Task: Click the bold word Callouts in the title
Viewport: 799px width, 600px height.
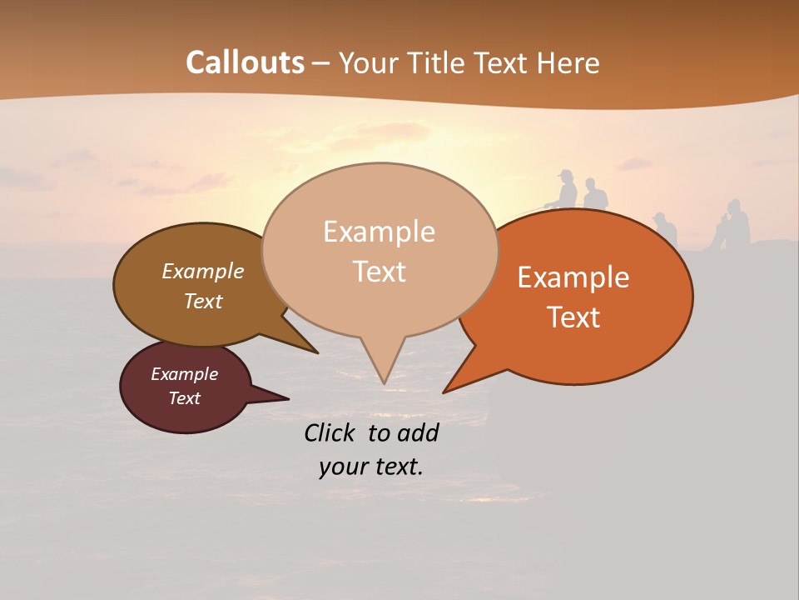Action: pos(245,62)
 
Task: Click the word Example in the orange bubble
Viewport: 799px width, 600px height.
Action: pos(573,277)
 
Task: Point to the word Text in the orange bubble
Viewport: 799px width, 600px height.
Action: pos(574,317)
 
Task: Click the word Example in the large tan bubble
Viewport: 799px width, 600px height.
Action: pos(379,232)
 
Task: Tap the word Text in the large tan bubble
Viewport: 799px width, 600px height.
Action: pos(380,271)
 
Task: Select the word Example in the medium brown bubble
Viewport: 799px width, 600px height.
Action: pos(202,271)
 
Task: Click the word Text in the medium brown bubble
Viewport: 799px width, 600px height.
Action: pos(203,301)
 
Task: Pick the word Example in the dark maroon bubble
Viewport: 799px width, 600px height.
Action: pos(184,374)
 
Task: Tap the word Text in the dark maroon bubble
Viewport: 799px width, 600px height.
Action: pos(185,398)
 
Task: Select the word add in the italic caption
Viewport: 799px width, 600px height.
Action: pos(418,432)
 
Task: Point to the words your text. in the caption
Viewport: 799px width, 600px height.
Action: pos(370,467)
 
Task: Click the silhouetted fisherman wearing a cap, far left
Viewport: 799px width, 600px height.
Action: pos(566,189)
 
